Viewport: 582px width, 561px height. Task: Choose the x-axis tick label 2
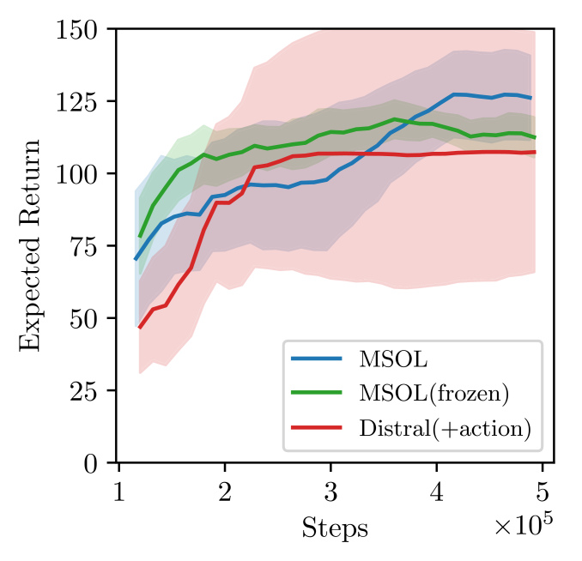(225, 491)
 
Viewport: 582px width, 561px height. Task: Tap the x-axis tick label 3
(330, 491)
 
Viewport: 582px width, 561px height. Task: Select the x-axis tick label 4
(437, 491)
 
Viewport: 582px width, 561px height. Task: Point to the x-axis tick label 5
(543, 491)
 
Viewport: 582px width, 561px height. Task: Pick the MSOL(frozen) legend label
(434, 395)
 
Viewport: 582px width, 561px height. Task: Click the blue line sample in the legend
(318, 357)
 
